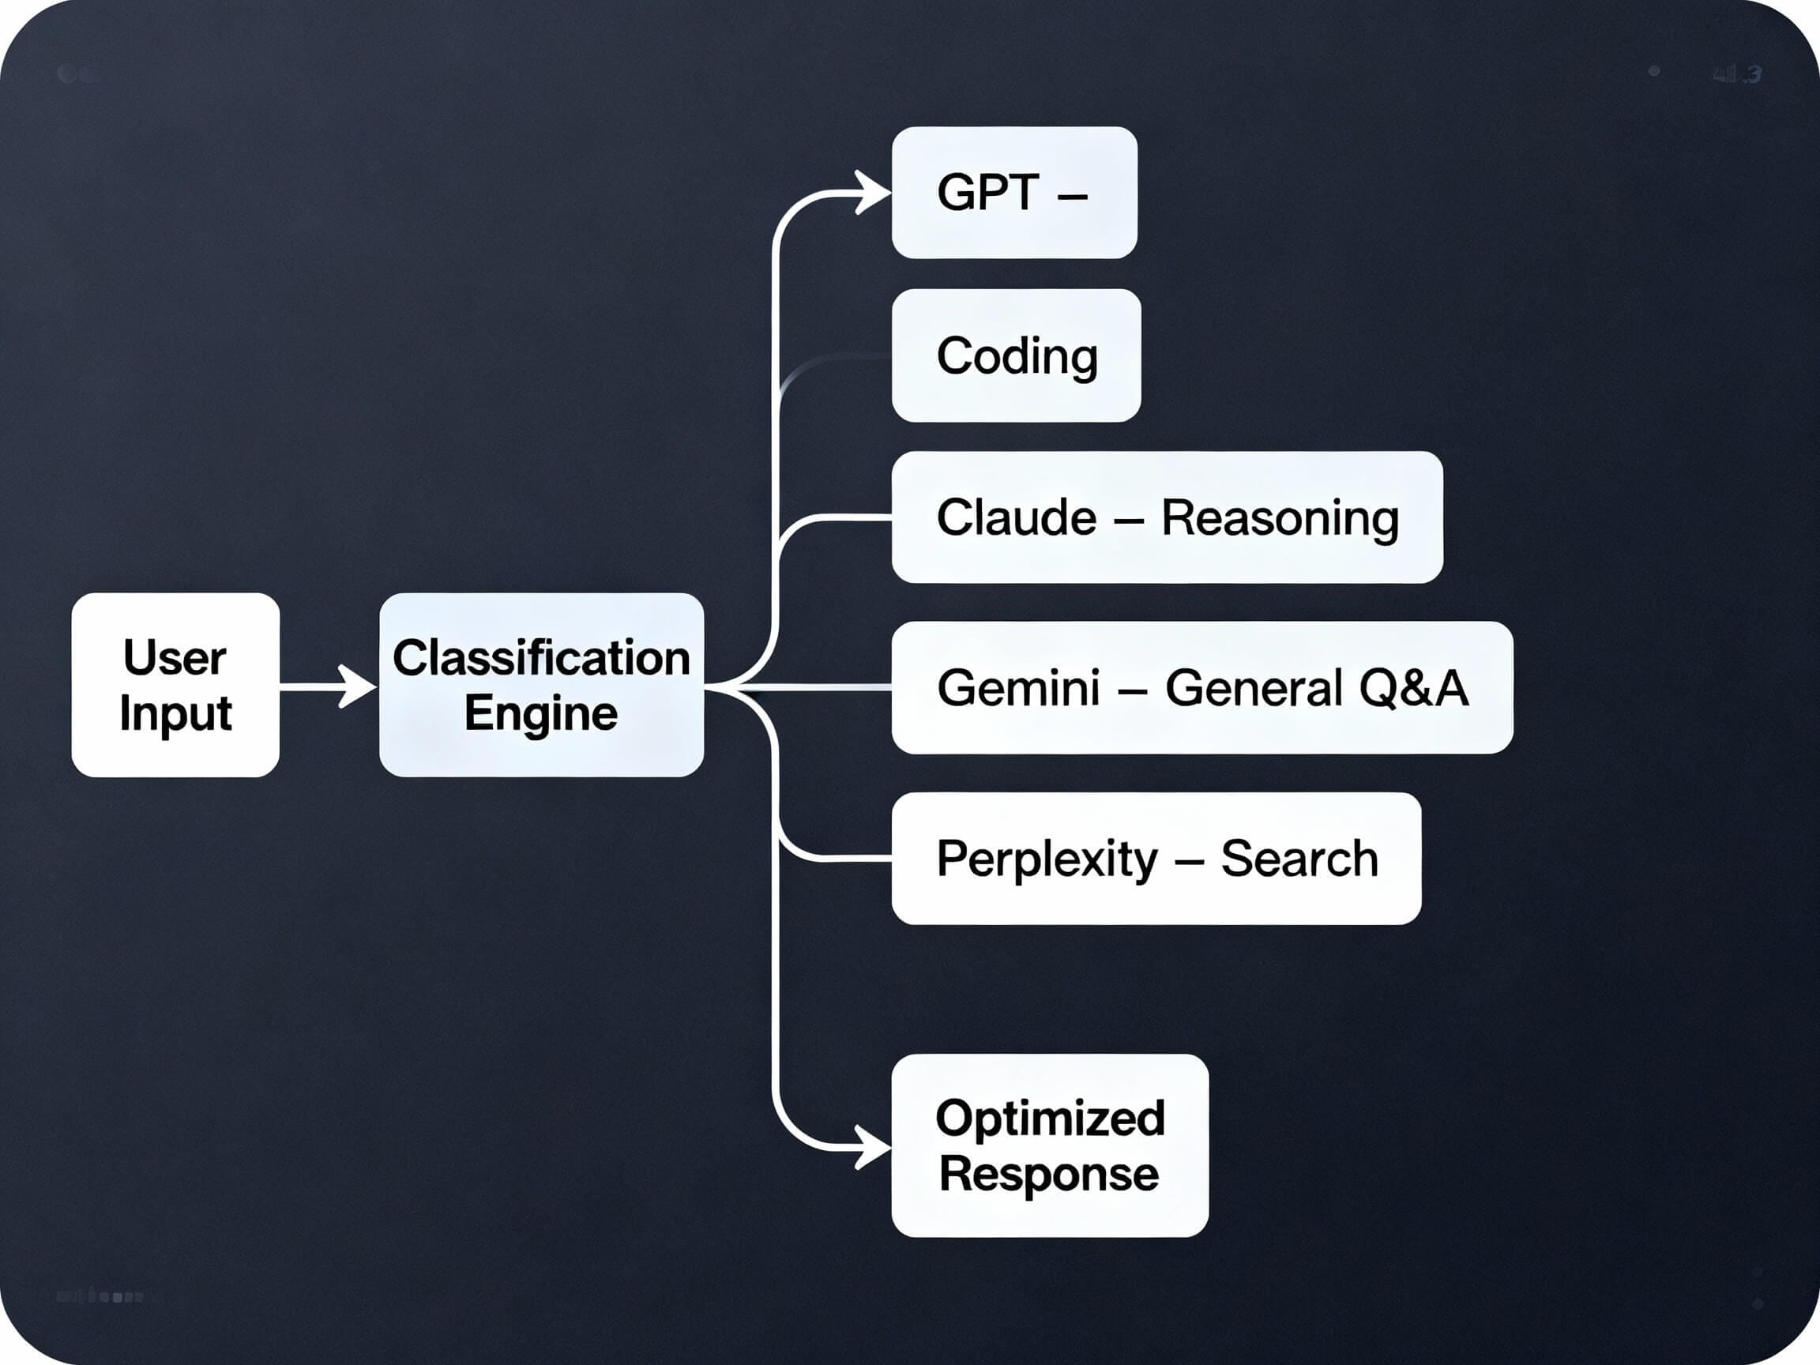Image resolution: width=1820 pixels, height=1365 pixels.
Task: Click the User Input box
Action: click(175, 685)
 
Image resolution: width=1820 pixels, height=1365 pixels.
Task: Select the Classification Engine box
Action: click(541, 685)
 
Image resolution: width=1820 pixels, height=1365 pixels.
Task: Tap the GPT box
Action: click(1013, 193)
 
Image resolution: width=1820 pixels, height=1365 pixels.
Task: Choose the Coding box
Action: click(1016, 355)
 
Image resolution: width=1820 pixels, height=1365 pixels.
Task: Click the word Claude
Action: click(1016, 517)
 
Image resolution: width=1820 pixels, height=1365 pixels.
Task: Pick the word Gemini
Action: click(1017, 688)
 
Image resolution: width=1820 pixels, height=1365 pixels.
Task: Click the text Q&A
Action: click(1412, 688)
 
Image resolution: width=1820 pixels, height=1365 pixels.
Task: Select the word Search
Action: click(1299, 859)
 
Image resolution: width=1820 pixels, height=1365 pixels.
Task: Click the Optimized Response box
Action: click(1050, 1145)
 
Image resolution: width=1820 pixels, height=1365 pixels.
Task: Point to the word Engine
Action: click(540, 713)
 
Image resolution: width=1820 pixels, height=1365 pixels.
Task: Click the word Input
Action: click(175, 713)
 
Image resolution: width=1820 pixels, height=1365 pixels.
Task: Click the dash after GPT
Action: click(1071, 196)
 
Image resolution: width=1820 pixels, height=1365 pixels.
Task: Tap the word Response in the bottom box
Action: click(1049, 1174)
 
